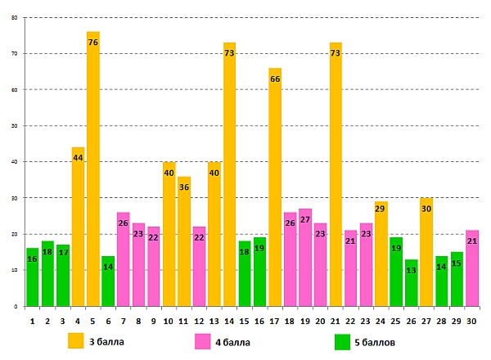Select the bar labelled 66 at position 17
(275, 187)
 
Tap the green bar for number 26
(411, 283)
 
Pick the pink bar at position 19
(305, 258)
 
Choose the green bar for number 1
(32, 277)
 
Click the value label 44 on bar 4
(78, 158)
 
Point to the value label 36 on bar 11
(184, 187)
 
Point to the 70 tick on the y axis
(14, 53)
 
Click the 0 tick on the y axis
(16, 306)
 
